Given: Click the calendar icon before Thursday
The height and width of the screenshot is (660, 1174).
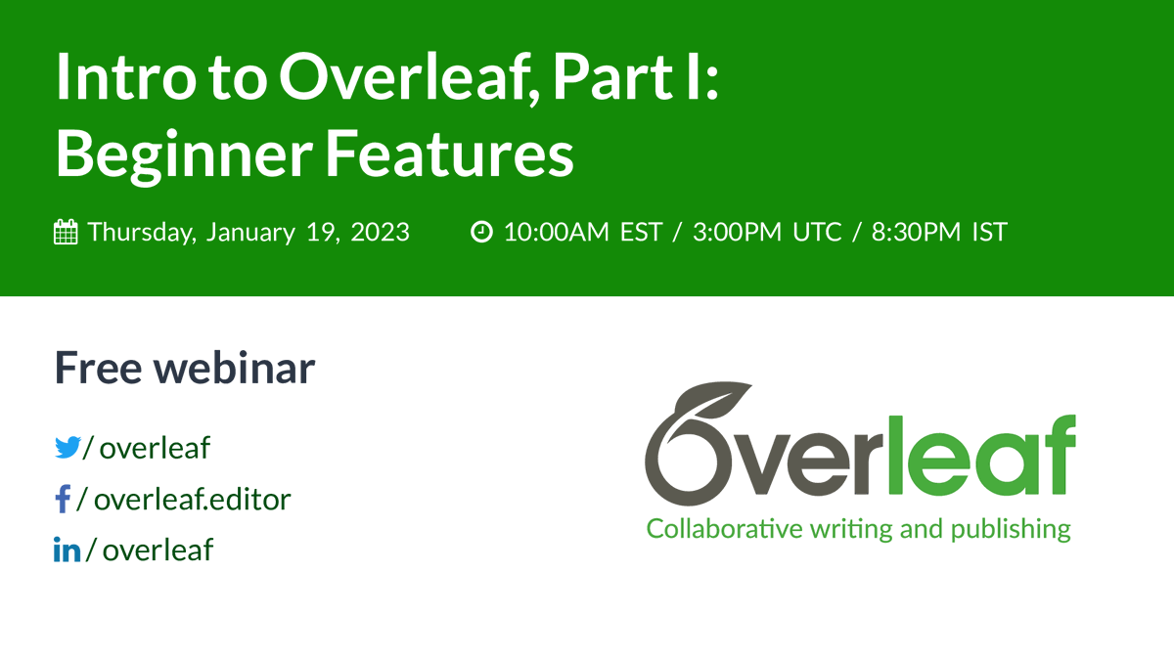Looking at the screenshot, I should point(66,233).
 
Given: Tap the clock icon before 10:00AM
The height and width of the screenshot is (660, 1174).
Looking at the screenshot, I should point(481,233).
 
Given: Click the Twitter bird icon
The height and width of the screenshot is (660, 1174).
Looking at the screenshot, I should point(68,448).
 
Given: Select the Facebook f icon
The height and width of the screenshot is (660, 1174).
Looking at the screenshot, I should point(63,500).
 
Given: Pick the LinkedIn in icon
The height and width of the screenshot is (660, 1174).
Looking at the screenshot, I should point(67,550).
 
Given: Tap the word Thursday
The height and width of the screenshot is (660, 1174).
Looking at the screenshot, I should point(141,233).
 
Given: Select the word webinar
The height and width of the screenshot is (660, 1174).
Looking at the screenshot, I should point(237,368).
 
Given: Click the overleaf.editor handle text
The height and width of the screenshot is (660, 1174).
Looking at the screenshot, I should point(193,500).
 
